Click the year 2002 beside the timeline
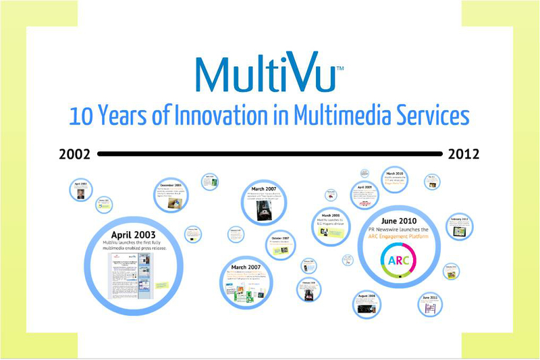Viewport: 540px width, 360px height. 74,154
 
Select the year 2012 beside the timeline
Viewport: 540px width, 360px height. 464,154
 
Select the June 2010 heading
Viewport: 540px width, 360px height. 398,221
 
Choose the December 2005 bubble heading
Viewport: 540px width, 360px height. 171,184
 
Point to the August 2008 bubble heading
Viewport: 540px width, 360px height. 367,296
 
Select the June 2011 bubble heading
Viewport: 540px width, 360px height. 430,297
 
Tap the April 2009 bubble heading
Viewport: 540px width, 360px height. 364,186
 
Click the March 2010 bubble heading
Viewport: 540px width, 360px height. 394,173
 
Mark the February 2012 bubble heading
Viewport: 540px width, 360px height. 460,219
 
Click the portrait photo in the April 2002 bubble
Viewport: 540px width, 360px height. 80,193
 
